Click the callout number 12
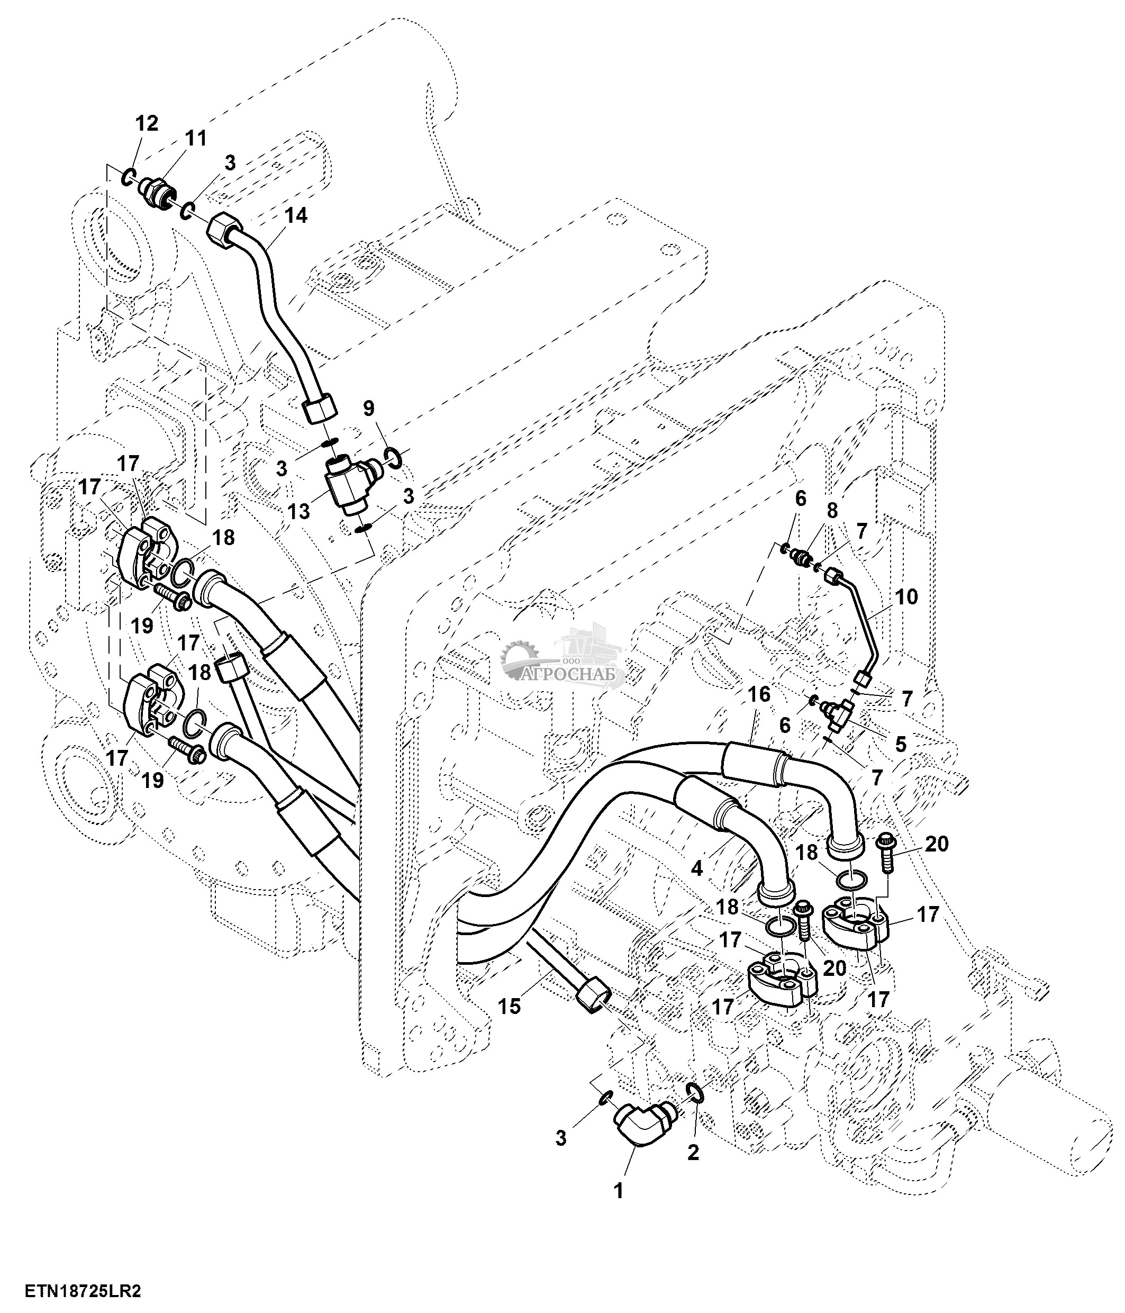147,122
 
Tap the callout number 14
295,215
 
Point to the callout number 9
369,409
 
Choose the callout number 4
697,868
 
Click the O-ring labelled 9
392,456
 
